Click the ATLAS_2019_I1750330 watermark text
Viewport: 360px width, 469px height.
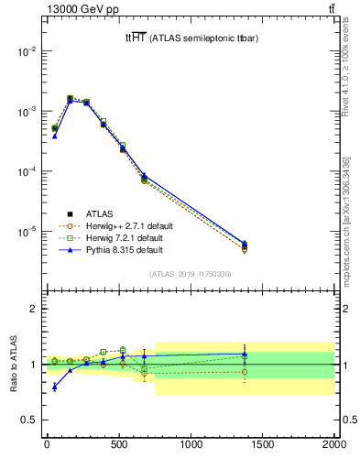coord(190,274)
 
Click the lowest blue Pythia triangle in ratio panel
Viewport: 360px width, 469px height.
coord(55,387)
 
